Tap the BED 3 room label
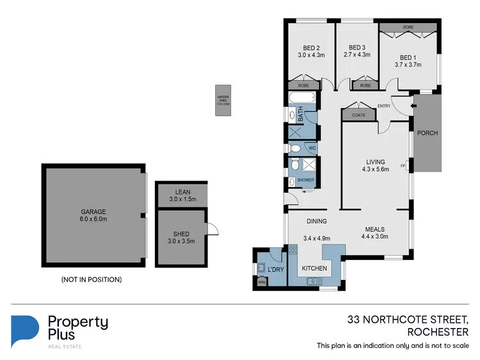tap(356, 47)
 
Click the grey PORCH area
tap(427, 133)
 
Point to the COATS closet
tap(358, 115)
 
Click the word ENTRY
tap(384, 106)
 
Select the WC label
tap(313, 149)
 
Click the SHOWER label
tap(305, 180)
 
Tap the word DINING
tap(316, 222)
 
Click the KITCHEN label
tap(314, 268)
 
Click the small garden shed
tap(223, 101)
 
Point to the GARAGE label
tap(93, 212)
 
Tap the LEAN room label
tap(182, 191)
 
